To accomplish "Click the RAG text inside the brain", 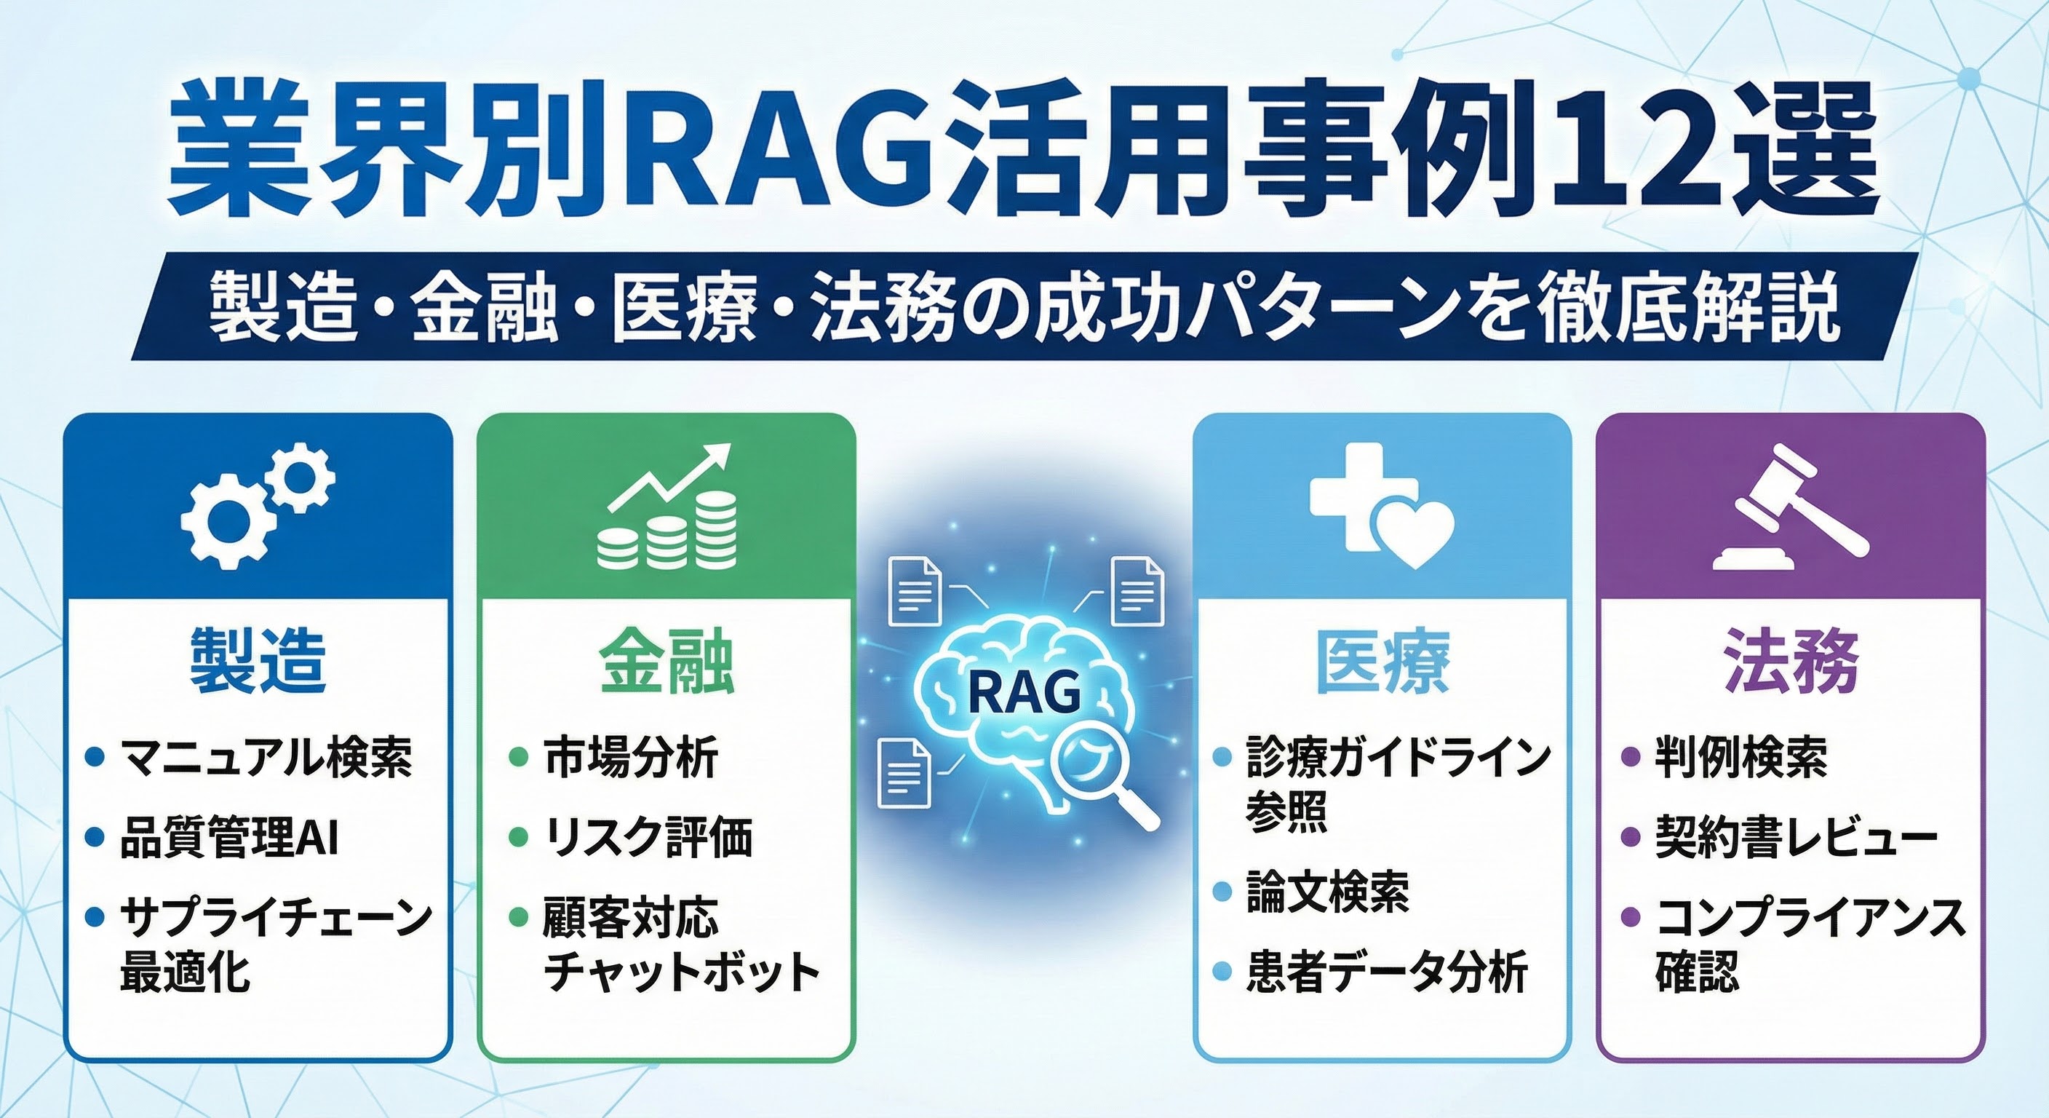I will tap(1024, 691).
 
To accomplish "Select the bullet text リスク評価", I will tap(648, 838).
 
